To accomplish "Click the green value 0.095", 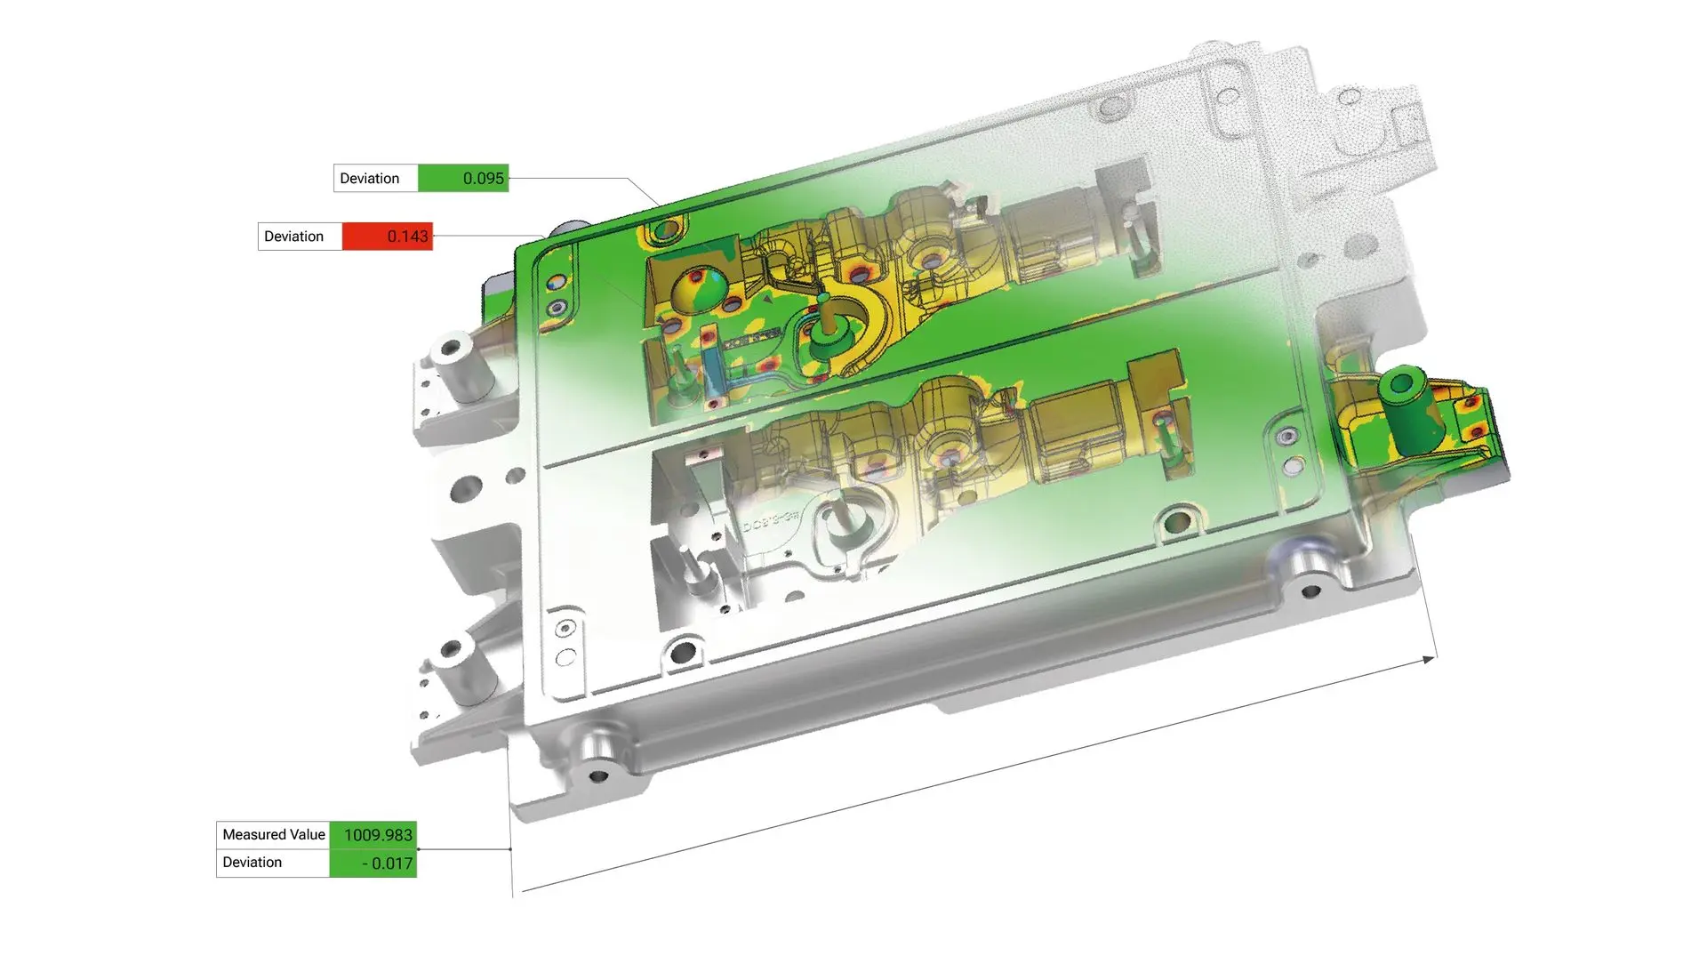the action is point(483,178).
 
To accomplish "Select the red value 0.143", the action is point(407,236).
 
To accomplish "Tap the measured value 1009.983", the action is point(378,834).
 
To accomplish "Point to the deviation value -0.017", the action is point(388,863).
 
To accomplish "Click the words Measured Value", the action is point(274,834).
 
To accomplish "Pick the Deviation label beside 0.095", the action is point(369,178).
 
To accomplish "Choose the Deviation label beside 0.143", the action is point(293,236).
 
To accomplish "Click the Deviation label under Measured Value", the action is point(252,862).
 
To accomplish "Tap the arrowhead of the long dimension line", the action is point(1429,659).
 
